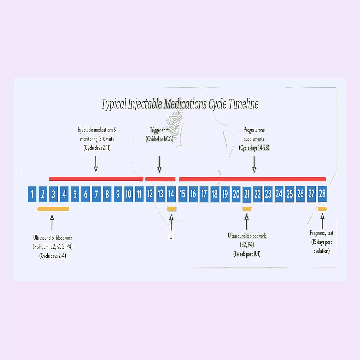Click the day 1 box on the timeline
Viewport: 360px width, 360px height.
[32, 194]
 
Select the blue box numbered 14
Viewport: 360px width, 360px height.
[171, 194]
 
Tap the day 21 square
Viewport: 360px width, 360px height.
[247, 194]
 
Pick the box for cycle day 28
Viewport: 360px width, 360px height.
[322, 194]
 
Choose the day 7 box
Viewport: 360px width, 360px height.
[96, 194]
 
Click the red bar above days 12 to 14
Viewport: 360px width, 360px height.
[160, 179]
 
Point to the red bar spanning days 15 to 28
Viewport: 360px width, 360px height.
[252, 179]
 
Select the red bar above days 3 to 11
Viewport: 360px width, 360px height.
[96, 179]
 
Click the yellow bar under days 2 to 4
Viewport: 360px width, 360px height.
[53, 209]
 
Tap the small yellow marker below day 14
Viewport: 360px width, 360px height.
[172, 209]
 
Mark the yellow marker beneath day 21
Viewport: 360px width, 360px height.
[247, 209]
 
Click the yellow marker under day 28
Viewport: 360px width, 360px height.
[322, 209]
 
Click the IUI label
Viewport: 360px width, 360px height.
[171, 237]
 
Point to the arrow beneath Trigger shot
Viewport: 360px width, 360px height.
[159, 164]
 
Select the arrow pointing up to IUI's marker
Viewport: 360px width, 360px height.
[171, 222]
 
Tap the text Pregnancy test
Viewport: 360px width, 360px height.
[321, 233]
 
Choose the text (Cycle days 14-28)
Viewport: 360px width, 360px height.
[254, 148]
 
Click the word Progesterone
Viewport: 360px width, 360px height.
[254, 130]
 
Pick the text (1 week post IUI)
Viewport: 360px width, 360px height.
[247, 254]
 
